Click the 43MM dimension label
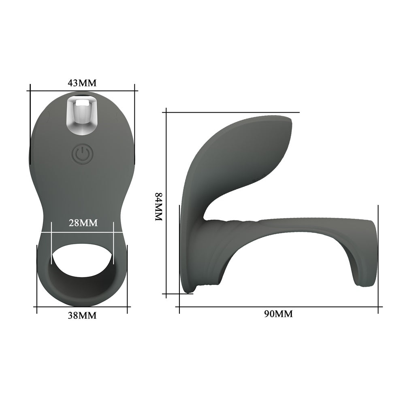pos(82,83)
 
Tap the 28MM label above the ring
pos(83,222)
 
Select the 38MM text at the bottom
pos(82,315)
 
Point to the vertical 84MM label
pos(158,207)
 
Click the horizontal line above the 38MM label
pos(82,307)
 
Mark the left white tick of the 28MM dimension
pos(52,232)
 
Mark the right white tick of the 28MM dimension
pos(113,232)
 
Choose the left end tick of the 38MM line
pos(37,307)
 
